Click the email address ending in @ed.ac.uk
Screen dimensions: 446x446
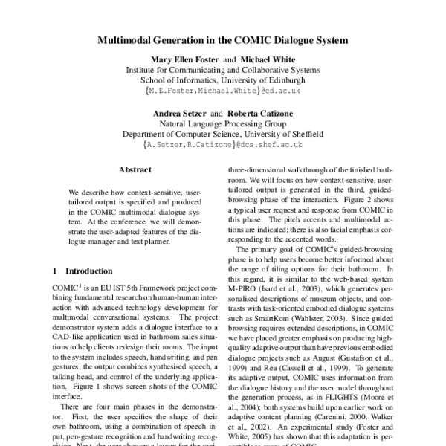click(222, 91)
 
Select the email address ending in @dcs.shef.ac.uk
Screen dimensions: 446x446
click(222, 146)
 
